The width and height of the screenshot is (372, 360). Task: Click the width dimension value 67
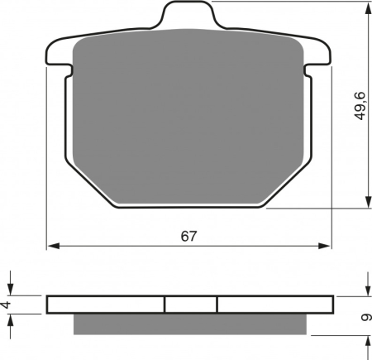coord(189,236)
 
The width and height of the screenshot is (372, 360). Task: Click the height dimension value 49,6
coord(360,106)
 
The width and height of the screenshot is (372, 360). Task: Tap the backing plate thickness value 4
coord(6,305)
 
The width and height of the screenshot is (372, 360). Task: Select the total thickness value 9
coord(365,318)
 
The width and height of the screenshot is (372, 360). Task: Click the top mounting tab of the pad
coord(188,14)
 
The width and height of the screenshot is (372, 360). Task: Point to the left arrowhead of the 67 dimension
coord(54,246)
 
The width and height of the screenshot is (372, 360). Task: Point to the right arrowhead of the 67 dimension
coord(324,246)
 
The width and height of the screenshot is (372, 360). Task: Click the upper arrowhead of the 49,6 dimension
coord(368,8)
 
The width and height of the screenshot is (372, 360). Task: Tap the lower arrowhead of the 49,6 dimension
coord(368,202)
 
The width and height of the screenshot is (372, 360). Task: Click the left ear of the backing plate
coord(60,53)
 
